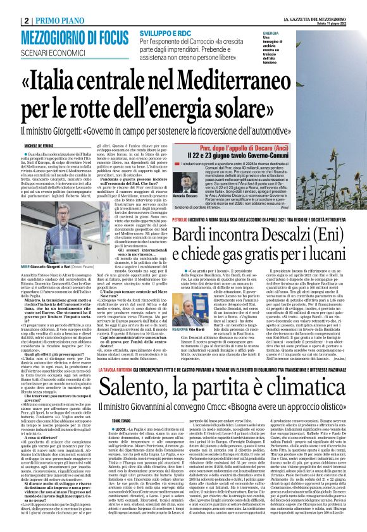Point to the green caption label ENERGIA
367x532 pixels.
click(x=271, y=32)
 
